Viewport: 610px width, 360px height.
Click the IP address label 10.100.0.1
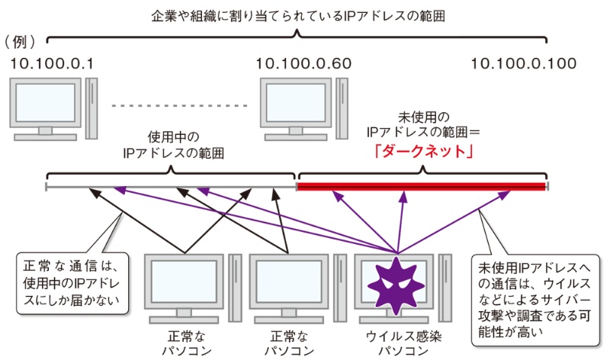coord(53,64)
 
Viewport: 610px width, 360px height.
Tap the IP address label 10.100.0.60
coord(303,64)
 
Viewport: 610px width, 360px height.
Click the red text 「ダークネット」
coord(422,152)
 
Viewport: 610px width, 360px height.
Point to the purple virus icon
coord(397,281)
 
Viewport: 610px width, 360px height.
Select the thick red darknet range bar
coord(422,185)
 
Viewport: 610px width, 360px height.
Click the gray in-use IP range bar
coord(171,185)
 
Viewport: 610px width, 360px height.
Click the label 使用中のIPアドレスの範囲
coord(172,145)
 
